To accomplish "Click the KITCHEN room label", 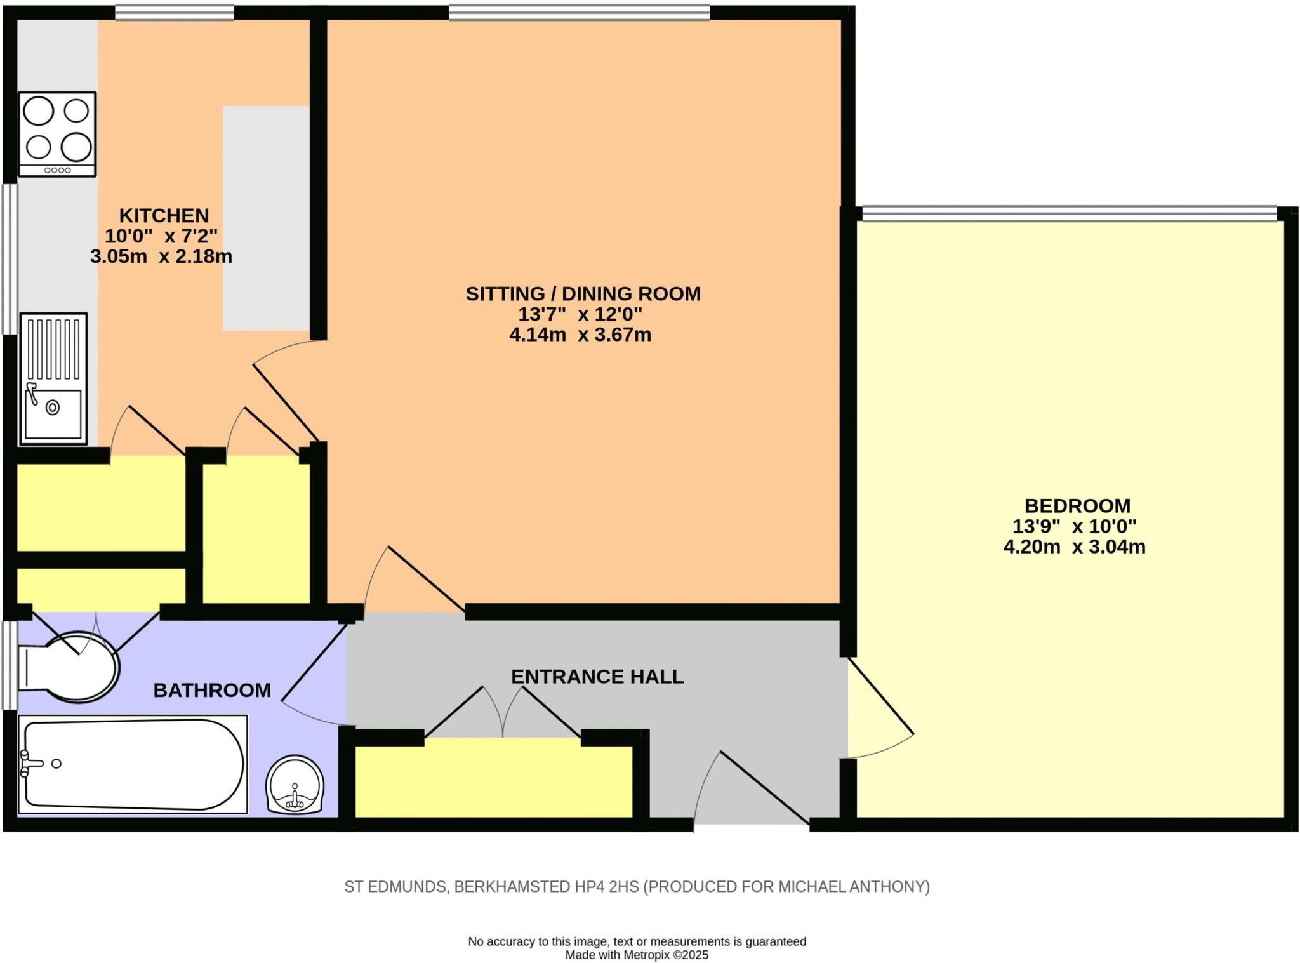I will point(164,215).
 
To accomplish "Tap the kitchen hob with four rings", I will point(57,134).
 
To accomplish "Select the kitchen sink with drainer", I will point(53,378).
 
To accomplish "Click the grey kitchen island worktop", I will point(266,218).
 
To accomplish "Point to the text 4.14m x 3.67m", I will point(580,335).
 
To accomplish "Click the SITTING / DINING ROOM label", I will point(583,294).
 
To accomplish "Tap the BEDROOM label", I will point(1077,506).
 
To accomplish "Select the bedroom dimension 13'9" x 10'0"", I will point(1074,526).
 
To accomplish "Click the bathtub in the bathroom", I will point(133,764).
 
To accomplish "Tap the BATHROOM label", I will point(212,691).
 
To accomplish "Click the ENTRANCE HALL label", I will point(597,677).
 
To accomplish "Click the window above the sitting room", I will point(579,13).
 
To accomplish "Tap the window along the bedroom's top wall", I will point(1069,213).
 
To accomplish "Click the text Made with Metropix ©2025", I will point(637,955).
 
